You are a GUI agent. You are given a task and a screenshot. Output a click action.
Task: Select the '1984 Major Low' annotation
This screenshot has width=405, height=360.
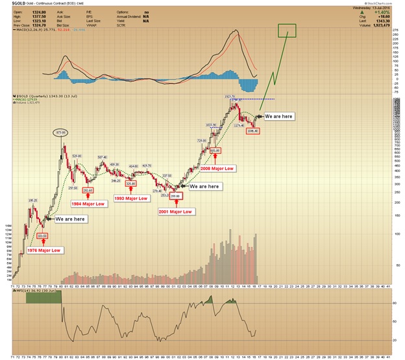click(x=89, y=203)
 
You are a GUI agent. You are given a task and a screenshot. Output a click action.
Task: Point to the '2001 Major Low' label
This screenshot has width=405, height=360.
click(x=175, y=211)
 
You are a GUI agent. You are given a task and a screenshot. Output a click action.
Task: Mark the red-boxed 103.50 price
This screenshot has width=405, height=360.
click(x=43, y=235)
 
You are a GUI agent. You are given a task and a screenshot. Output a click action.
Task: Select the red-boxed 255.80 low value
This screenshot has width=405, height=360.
click(x=175, y=195)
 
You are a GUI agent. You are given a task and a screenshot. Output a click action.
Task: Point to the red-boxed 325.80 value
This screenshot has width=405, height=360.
click(x=131, y=184)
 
